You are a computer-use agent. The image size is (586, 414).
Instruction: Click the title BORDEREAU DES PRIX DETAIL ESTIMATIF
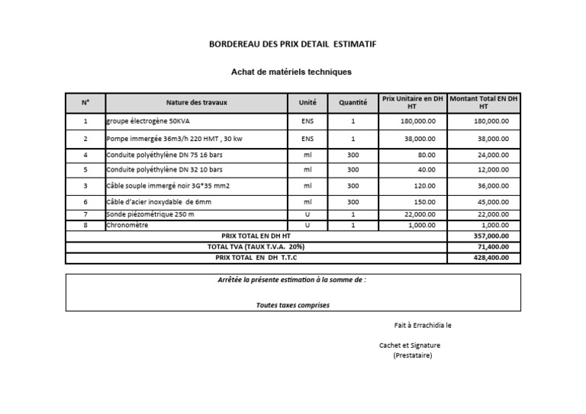[292, 44]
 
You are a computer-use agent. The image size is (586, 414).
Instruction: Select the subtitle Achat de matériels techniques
[291, 72]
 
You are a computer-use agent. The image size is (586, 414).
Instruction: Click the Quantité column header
[353, 102]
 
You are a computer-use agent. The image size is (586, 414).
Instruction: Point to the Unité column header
[307, 102]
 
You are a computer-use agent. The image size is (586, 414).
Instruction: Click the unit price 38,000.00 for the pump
[420, 140]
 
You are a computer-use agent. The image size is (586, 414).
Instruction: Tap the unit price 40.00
[427, 169]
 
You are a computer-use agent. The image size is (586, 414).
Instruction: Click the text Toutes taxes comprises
[293, 305]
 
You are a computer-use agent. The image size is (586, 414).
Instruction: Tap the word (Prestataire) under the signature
[413, 355]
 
